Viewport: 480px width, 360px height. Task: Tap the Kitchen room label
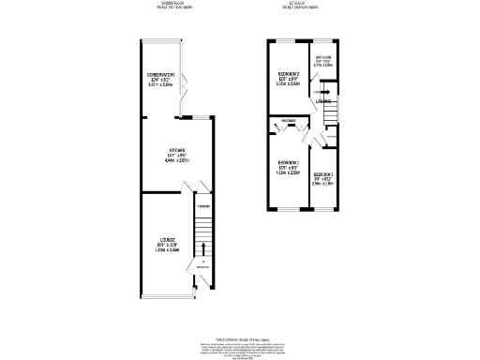coord(176,151)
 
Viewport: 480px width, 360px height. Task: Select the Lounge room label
coord(167,240)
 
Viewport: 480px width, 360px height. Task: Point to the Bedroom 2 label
coord(288,73)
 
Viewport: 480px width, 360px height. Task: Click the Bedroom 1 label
coord(288,162)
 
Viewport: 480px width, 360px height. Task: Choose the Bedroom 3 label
coord(323,175)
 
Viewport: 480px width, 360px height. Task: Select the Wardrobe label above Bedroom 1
coord(288,121)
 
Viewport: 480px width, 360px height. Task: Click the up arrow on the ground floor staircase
coord(203,249)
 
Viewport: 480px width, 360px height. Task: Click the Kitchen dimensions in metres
coord(176,161)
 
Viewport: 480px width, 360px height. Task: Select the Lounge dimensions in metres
coord(167,250)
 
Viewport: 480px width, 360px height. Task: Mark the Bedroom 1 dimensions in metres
coord(288,172)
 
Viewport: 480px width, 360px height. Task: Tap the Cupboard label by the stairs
coord(203,206)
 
